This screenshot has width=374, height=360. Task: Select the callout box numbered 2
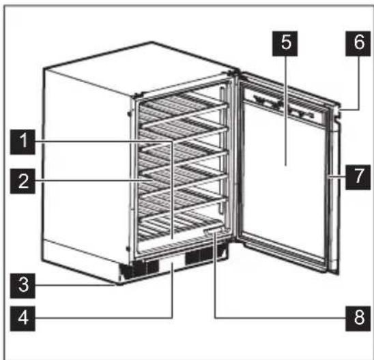click(25, 180)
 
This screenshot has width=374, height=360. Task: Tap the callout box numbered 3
click(25, 286)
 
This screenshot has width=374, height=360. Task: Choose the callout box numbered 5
click(285, 42)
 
